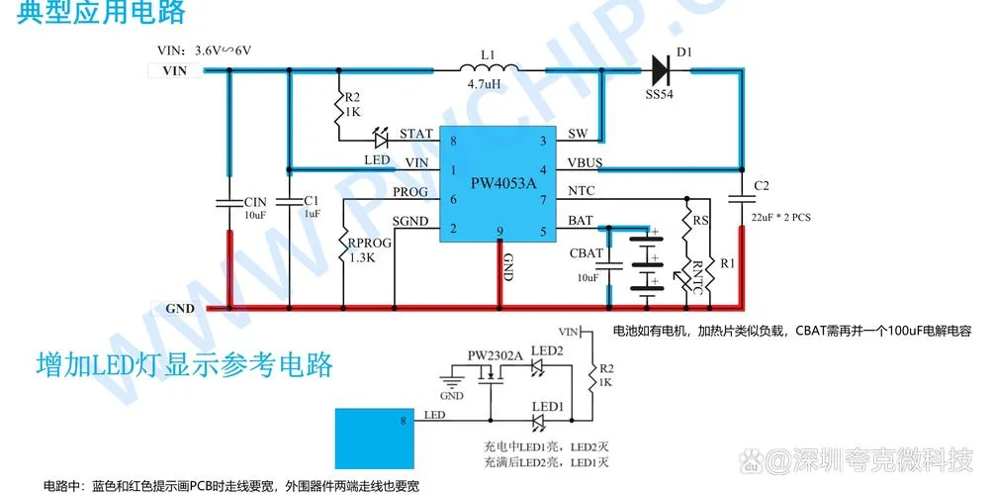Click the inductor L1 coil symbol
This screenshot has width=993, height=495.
click(489, 67)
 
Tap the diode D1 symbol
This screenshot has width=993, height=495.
click(661, 69)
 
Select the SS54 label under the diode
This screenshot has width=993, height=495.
click(660, 95)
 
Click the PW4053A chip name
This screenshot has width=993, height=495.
click(502, 183)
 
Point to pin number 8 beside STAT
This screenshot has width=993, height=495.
click(453, 141)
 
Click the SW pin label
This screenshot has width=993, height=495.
click(578, 134)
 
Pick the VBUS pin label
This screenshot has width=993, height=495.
click(585, 163)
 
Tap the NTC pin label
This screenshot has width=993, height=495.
click(582, 191)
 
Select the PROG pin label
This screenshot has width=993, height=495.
click(410, 191)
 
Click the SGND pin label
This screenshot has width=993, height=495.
click(410, 221)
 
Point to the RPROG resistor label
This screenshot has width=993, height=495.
click(370, 243)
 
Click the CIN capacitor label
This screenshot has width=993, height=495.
click(255, 202)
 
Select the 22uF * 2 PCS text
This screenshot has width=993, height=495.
click(780, 218)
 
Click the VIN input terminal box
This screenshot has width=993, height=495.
click(175, 70)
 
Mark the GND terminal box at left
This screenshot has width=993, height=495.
click(178, 309)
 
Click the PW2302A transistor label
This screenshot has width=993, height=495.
click(495, 355)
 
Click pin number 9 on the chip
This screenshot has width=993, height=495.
click(499, 232)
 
